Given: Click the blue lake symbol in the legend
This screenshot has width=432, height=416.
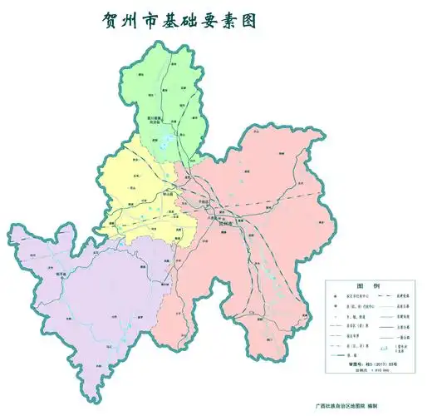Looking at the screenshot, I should tap(382, 348).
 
